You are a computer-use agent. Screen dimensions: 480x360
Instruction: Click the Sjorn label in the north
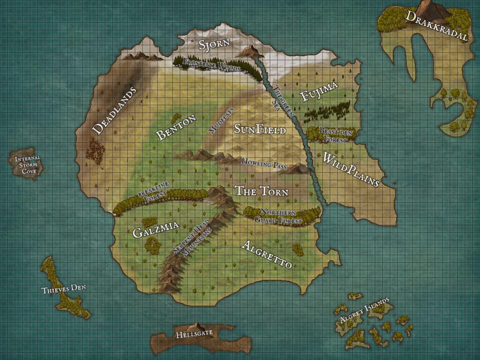(x=214, y=45)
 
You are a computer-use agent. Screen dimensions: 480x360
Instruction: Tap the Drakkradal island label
(x=437, y=26)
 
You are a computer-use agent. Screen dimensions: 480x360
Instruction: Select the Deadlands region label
(x=114, y=111)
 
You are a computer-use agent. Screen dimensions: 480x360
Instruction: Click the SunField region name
(x=259, y=128)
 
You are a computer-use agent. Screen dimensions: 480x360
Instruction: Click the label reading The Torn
(x=261, y=191)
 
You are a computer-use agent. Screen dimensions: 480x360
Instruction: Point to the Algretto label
(x=266, y=255)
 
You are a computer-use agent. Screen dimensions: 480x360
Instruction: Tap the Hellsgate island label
(x=194, y=334)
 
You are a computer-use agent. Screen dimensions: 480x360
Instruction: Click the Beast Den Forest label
(x=335, y=133)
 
